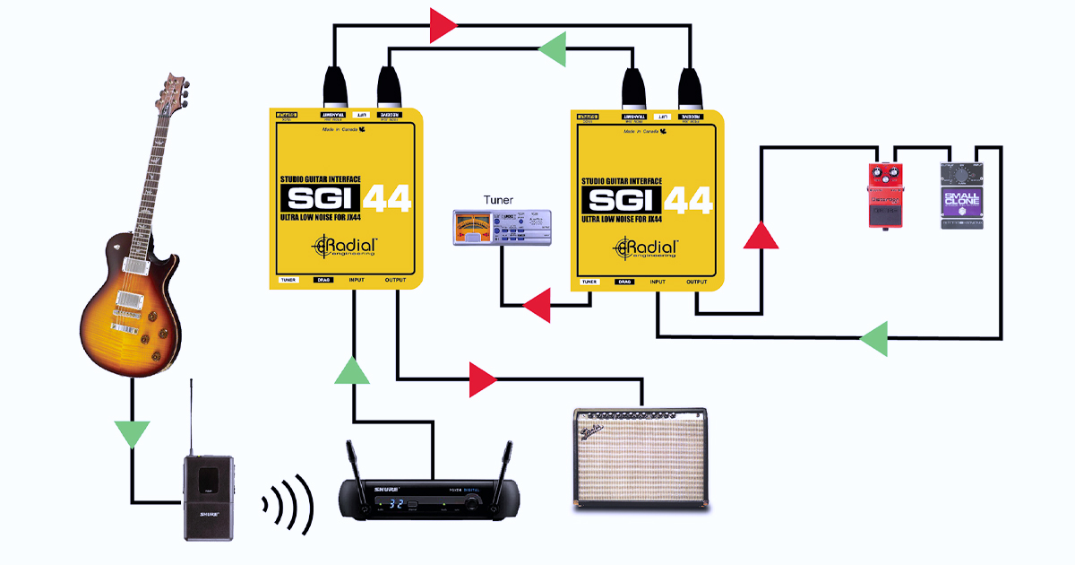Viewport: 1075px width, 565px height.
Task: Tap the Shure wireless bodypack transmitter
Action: coord(208,497)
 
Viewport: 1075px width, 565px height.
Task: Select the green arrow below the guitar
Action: coord(133,433)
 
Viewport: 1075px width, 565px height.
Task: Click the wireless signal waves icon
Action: coord(288,503)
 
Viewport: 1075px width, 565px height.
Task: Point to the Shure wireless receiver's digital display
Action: coord(388,505)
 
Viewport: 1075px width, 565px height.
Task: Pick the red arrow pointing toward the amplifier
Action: coord(483,379)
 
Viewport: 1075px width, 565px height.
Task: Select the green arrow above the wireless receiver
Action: coord(352,369)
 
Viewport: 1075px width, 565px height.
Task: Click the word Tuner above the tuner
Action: coord(499,199)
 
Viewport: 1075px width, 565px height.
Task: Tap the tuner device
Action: coord(499,228)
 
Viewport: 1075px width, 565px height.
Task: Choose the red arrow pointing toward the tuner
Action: coord(537,306)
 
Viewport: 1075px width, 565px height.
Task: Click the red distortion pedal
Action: coord(887,196)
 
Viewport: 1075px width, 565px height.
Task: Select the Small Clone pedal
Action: coord(962,195)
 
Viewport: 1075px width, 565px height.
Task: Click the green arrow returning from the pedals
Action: coord(873,339)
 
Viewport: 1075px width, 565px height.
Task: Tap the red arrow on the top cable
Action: coord(443,26)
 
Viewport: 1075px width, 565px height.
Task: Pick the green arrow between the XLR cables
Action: coord(553,48)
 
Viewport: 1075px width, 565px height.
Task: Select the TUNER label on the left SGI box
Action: coord(288,281)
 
